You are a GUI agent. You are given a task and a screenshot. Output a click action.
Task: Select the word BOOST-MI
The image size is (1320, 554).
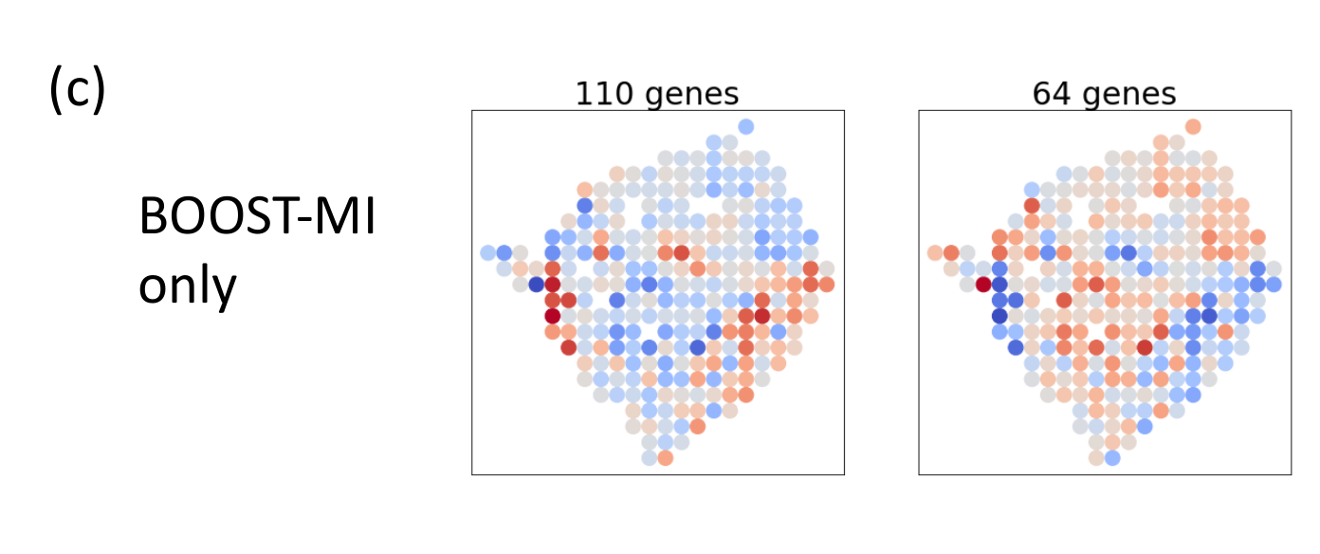point(257,220)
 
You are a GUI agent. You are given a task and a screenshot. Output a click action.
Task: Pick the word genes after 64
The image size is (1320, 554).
point(1129,96)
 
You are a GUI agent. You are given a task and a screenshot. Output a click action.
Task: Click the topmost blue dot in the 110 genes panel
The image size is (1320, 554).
point(746,126)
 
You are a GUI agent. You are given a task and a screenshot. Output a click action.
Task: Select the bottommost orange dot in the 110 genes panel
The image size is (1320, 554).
point(666,458)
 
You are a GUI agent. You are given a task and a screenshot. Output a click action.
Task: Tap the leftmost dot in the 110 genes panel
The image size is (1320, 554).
point(488,252)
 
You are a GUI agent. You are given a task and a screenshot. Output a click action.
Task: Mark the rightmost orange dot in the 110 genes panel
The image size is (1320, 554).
point(826,284)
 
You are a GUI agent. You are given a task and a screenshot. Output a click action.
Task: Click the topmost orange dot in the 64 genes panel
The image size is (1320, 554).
point(1193,126)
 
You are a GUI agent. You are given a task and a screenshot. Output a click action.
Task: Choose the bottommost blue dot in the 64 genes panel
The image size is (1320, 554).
point(1112,458)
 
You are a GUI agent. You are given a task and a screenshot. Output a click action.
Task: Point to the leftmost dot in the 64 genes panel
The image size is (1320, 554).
point(935,252)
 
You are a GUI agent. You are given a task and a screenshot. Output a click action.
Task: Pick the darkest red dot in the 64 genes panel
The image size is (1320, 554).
point(983,284)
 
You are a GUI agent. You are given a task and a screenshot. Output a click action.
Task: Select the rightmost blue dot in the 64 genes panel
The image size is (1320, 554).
point(1273,284)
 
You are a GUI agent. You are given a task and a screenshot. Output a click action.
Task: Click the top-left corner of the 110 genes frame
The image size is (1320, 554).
point(472,110)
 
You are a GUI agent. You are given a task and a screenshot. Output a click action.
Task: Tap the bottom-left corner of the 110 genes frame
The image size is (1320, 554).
point(472,474)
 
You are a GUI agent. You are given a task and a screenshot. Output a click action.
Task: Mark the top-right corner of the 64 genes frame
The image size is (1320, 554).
point(1291,110)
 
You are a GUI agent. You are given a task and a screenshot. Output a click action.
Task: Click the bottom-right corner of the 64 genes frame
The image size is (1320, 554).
point(1291,474)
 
